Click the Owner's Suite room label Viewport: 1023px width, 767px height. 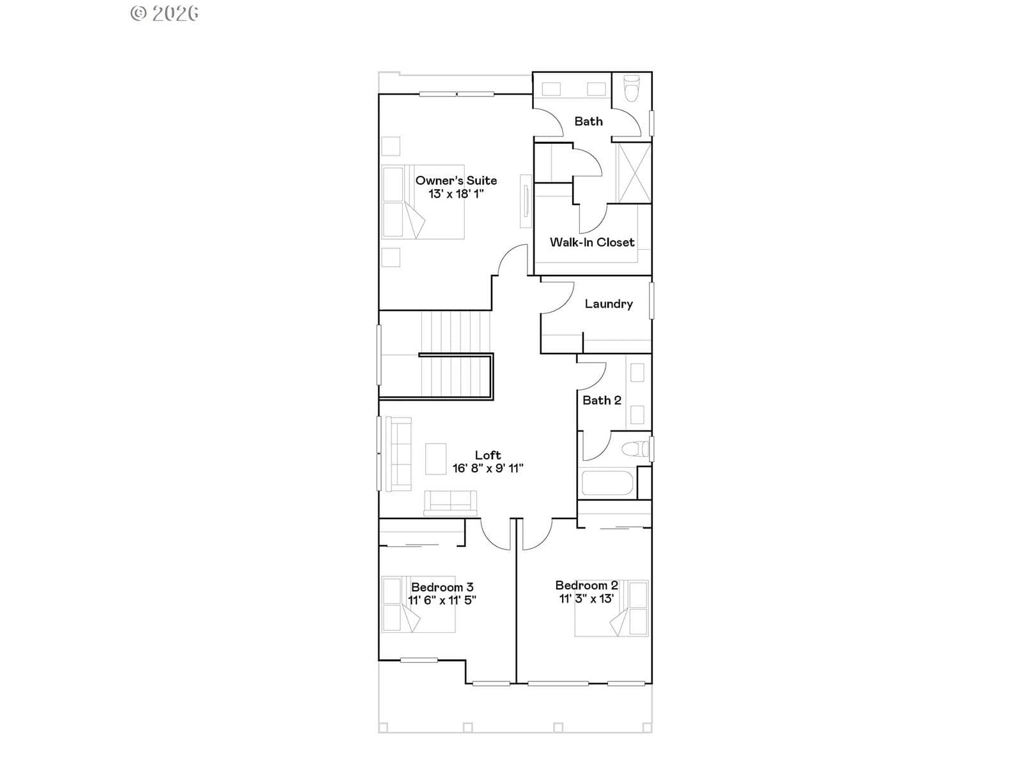456,180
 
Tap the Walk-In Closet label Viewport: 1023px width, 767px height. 592,242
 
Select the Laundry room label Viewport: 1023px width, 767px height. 609,304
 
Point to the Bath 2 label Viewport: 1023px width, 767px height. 602,401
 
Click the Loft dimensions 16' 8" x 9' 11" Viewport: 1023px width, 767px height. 487,468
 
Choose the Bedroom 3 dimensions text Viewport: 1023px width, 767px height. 442,600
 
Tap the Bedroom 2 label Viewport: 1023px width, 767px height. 587,585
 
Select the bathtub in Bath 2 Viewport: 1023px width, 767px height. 606,484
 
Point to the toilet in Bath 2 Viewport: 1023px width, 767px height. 635,449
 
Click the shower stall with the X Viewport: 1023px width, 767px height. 634,173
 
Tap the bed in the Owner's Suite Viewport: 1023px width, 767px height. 423,202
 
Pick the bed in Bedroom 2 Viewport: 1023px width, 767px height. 611,608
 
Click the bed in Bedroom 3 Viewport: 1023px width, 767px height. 418,605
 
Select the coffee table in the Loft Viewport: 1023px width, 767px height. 436,459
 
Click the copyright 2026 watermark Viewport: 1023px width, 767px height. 164,13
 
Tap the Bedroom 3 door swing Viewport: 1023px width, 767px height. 496,535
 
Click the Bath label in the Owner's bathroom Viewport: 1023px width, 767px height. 588,121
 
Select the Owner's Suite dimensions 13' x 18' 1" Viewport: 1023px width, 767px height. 456,194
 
